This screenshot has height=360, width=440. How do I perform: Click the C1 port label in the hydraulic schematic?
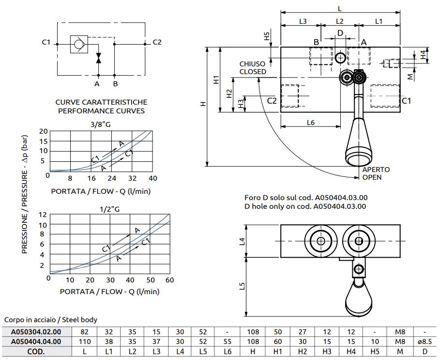click(46, 43)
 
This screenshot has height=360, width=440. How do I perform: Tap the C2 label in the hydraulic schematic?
click(157, 43)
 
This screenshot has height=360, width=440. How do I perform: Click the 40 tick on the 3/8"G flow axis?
click(152, 178)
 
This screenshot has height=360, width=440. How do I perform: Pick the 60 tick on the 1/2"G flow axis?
click(169, 280)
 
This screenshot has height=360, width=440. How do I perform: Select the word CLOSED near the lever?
click(253, 72)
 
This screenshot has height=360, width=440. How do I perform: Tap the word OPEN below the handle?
click(372, 177)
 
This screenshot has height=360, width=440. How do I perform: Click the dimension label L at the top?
click(340, 8)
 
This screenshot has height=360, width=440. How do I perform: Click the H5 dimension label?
click(266, 36)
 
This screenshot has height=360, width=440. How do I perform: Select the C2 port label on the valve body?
click(272, 101)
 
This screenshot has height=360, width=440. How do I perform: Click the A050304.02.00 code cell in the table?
click(36, 332)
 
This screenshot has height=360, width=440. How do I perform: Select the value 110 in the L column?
click(84, 341)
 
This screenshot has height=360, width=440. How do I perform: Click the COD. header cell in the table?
click(36, 350)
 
